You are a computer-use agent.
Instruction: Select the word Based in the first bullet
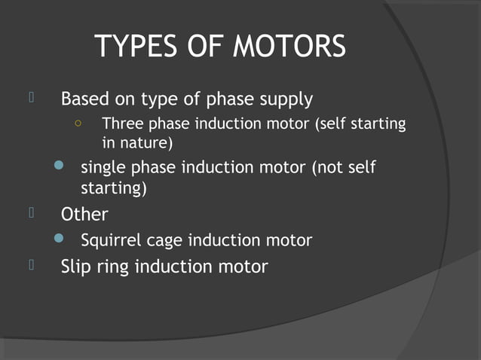tap(85, 99)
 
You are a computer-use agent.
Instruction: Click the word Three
tap(121, 123)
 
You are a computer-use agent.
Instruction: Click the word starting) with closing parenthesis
tap(114, 188)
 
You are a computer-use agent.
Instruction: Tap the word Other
tap(84, 215)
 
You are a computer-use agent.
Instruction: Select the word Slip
tap(76, 267)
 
